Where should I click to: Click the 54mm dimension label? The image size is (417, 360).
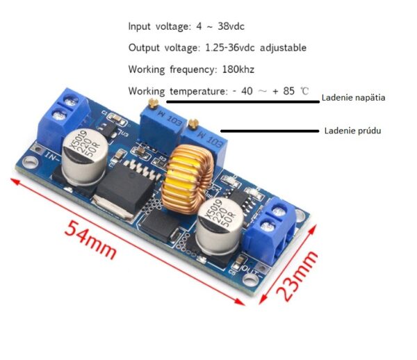[90, 239]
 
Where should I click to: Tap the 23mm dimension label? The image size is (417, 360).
[297, 275]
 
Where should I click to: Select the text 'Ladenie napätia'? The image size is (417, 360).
[354, 98]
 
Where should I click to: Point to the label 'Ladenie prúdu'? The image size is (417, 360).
[352, 131]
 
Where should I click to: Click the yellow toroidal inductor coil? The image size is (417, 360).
[188, 179]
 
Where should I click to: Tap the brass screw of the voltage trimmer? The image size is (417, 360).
[154, 103]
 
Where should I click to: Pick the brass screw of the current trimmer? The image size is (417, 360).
[193, 124]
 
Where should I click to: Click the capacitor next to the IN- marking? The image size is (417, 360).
[85, 157]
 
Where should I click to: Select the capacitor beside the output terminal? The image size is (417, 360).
[220, 225]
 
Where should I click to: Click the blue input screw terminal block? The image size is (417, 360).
[63, 117]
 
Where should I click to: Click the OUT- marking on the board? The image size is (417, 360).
[253, 270]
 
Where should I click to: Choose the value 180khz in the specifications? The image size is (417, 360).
[238, 69]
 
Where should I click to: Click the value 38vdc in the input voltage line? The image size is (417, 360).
[231, 26]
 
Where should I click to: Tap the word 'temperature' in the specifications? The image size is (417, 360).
[199, 91]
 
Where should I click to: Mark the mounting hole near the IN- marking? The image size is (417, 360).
[30, 162]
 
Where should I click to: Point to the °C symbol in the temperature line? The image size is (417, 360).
[305, 91]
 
